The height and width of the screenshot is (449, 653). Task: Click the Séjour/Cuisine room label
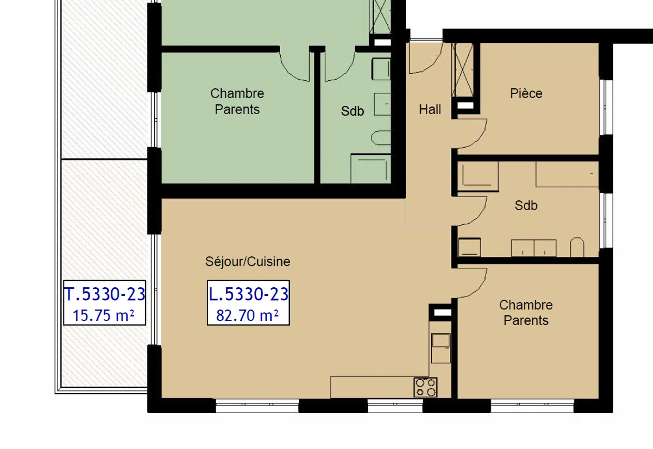click(248, 262)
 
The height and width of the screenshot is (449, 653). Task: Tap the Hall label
click(430, 110)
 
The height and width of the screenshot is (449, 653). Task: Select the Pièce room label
click(526, 93)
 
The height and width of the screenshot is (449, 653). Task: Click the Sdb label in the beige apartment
click(526, 206)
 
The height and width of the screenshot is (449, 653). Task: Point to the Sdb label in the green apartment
click(352, 111)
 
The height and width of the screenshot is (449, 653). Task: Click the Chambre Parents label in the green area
click(237, 101)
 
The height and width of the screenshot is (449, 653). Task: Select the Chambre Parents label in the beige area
click(526, 313)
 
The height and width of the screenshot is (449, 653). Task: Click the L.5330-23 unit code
click(248, 295)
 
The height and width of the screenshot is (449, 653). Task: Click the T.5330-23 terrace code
click(105, 295)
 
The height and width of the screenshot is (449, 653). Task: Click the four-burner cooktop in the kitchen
click(425, 387)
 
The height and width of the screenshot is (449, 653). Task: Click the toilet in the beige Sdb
click(577, 247)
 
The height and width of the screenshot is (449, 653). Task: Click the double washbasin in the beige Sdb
click(534, 248)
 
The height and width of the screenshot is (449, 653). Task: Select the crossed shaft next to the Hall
click(463, 70)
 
